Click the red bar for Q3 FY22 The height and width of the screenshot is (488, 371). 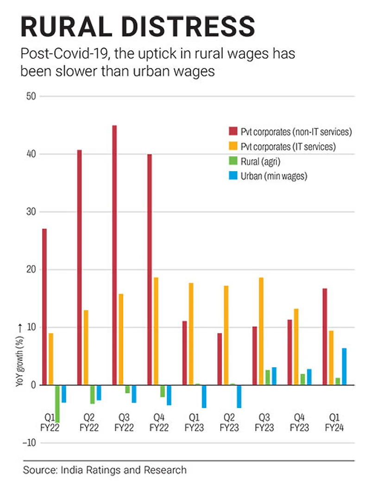point(114,254)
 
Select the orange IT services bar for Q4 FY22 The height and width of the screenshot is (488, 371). point(156,331)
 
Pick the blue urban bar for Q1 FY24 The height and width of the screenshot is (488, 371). point(344,366)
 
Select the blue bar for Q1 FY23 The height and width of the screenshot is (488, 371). point(204,396)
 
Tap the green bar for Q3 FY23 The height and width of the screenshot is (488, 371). point(268,377)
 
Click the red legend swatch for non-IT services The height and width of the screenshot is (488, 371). point(233,131)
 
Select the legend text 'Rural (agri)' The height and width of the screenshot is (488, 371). point(260,161)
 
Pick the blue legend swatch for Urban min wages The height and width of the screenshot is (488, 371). point(233,176)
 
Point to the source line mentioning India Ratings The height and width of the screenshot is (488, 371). point(105,470)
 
